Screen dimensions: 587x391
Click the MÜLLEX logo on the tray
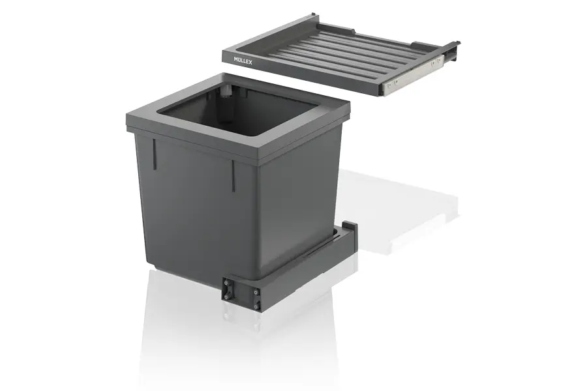(243, 61)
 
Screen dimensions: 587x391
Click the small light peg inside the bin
(226, 92)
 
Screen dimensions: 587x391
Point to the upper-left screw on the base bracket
(227, 284)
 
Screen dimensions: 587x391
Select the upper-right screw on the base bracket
(255, 292)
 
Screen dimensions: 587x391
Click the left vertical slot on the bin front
(154, 155)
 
